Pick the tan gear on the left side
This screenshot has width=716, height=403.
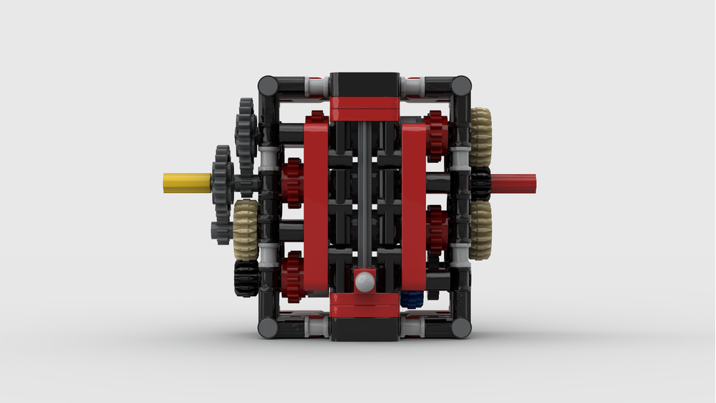tap(246, 229)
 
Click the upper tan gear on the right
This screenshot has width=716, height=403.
tap(481, 137)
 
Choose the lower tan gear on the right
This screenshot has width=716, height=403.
tap(480, 229)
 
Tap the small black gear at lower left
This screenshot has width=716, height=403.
tap(246, 278)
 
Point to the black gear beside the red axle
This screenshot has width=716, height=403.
tap(480, 183)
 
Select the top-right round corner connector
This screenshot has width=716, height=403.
tap(461, 87)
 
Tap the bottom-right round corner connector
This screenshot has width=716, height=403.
tap(461, 328)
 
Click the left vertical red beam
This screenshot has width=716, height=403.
tap(315, 208)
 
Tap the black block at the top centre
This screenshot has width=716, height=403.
tap(364, 84)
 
